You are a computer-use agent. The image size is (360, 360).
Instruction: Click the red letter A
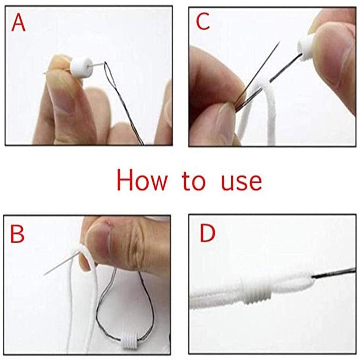click(18, 23)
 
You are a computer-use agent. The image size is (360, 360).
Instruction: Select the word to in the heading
click(193, 181)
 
